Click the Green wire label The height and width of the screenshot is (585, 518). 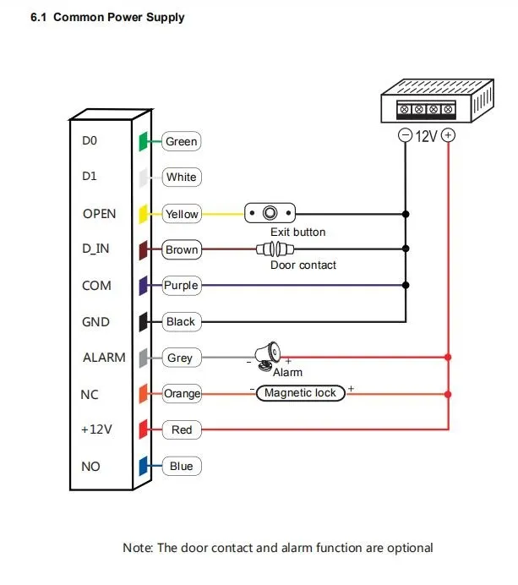181,141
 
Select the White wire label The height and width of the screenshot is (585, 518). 181,178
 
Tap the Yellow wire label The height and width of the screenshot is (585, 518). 181,214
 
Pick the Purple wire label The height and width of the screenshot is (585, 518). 181,286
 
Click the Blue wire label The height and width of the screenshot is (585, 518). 181,466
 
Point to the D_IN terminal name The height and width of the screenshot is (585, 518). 96,249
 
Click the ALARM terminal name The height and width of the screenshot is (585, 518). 103,358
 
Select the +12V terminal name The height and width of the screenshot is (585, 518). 96,429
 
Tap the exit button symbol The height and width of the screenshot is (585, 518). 271,213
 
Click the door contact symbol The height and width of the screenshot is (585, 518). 273,249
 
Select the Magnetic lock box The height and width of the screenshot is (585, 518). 300,393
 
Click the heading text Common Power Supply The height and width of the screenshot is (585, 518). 118,17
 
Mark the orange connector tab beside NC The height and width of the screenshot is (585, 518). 144,393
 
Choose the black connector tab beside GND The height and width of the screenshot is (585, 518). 144,321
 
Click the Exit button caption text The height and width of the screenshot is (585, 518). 297,232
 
